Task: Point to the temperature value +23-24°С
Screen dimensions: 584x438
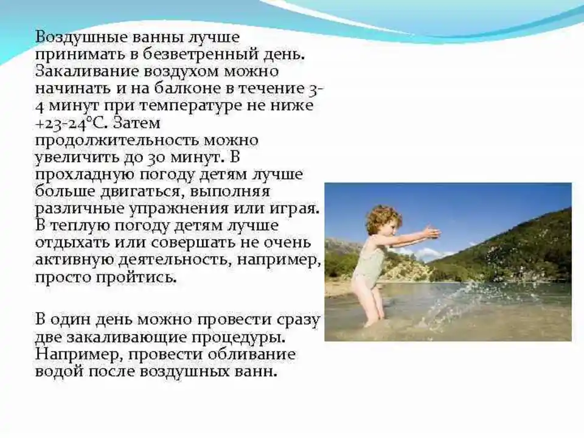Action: (x=72, y=123)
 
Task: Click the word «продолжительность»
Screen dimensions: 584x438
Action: (x=117, y=141)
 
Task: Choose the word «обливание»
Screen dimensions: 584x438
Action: (x=251, y=354)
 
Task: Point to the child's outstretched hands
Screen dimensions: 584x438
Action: (x=432, y=232)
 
